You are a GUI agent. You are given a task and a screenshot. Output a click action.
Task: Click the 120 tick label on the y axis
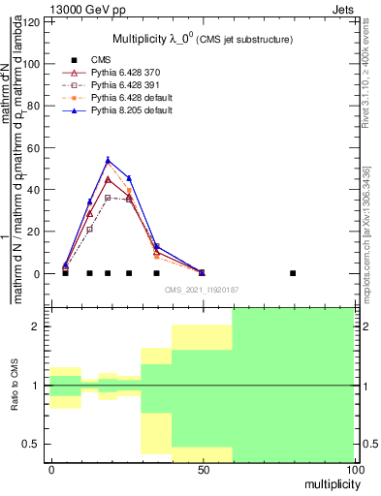click(x=34, y=21)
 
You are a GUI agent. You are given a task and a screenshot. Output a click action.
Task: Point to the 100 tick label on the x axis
click(x=354, y=469)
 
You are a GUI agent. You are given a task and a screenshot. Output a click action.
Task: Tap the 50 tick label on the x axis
click(x=202, y=469)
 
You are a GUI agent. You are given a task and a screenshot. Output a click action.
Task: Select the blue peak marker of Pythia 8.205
click(x=108, y=160)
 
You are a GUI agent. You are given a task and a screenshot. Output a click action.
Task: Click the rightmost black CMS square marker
click(x=293, y=273)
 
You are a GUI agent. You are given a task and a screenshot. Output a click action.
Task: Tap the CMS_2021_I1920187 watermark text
click(x=202, y=289)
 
